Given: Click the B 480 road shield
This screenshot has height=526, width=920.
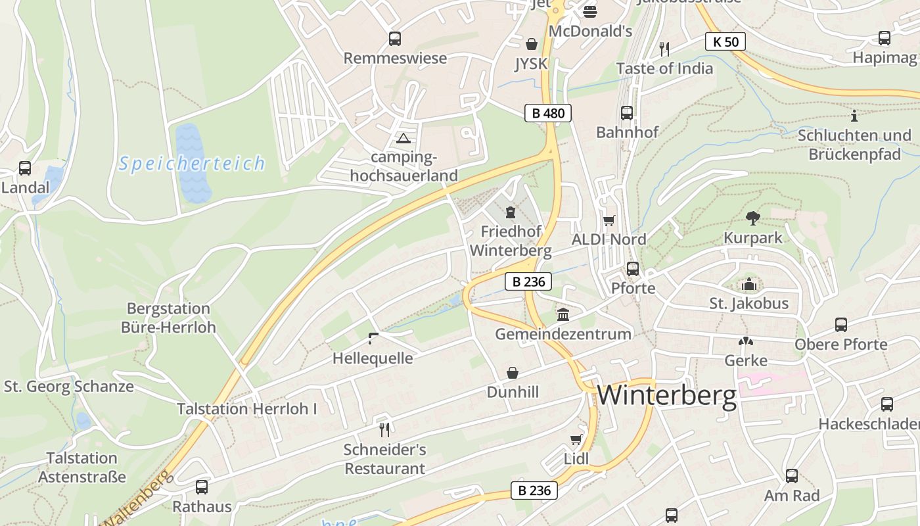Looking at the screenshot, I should coord(548,113).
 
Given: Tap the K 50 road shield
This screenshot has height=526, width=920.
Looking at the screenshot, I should coord(725,42).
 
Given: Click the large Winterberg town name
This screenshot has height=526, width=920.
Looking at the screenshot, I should coord(666,396).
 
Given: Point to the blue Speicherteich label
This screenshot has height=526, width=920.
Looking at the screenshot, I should coord(192,163).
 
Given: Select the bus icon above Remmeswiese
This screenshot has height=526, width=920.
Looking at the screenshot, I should coord(394,39).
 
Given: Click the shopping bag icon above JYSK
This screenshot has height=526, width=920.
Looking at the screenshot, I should coord(531,44).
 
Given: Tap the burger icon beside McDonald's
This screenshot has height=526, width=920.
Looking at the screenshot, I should coord(589,11).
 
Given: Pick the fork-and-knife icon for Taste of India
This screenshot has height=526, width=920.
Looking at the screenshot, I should coord(664,49).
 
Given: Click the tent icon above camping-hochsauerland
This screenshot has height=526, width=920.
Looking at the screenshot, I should coord(403,138).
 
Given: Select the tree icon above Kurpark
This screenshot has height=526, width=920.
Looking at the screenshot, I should coord(753,218).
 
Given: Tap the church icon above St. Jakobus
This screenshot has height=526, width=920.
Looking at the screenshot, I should coord(748,285).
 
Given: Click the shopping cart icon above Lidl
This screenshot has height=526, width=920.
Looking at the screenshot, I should coord(576,439).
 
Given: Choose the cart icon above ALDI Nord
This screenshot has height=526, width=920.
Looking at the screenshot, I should coord(609,220).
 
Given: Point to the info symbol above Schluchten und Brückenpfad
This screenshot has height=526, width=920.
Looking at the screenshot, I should coord(854,116).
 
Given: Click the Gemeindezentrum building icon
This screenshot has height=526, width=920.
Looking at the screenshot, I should coord(563,314).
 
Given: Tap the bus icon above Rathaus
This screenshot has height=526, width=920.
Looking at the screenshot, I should coord(202,487).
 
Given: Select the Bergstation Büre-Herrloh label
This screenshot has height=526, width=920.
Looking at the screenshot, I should coord(168,318).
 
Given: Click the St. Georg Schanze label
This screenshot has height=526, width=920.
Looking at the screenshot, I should coord(69,387).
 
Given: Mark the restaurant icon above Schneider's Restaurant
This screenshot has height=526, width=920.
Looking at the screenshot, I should coord(384,430).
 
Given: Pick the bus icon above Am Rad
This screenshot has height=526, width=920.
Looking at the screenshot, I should coord(792,476).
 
